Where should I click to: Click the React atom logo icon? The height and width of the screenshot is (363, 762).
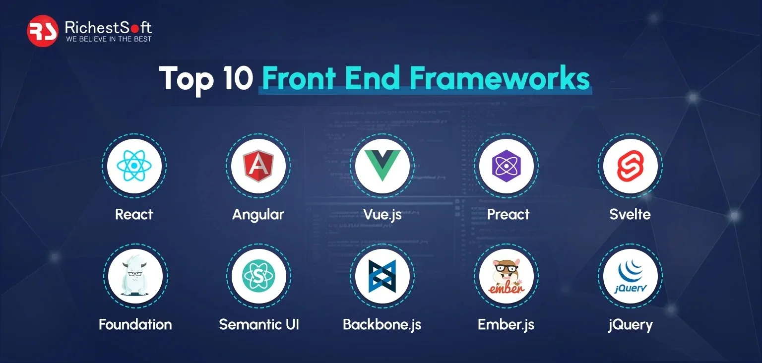[x=134, y=166]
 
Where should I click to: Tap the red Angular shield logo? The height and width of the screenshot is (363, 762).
[x=258, y=166]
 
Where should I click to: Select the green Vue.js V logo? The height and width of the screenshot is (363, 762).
[x=382, y=165]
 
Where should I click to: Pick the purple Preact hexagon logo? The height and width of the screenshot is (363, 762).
[x=506, y=166]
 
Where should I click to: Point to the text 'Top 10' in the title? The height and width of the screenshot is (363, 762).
[x=206, y=78]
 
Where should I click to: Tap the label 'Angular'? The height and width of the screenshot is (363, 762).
[x=258, y=214]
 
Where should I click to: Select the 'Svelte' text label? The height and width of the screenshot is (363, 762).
[x=630, y=214]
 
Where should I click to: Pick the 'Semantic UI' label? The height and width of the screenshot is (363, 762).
[x=259, y=324]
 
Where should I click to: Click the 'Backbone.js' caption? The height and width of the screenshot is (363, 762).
[x=382, y=324]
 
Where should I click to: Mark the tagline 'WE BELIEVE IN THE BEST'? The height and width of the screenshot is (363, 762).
[x=109, y=39]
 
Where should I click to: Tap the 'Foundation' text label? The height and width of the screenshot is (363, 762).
[x=135, y=324]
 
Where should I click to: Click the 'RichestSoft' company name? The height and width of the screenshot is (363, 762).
[x=108, y=27]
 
